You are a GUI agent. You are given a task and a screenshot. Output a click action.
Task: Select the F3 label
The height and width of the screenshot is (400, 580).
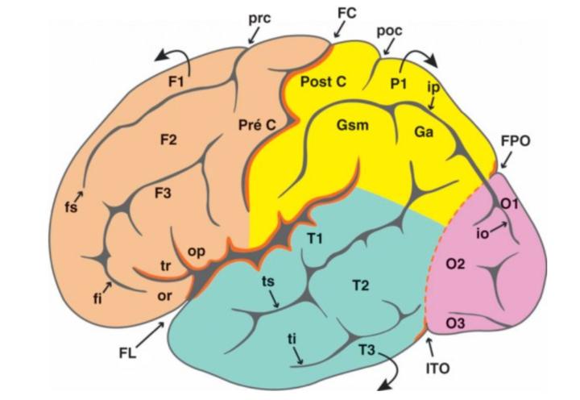165,194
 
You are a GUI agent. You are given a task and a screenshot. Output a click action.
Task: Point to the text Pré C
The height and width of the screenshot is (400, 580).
259,125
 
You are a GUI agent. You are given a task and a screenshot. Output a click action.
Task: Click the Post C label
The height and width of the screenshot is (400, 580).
322,81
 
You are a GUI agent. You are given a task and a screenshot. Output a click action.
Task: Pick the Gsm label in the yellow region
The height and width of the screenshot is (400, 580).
352,127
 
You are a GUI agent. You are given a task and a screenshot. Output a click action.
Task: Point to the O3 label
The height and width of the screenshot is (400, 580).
455,323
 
